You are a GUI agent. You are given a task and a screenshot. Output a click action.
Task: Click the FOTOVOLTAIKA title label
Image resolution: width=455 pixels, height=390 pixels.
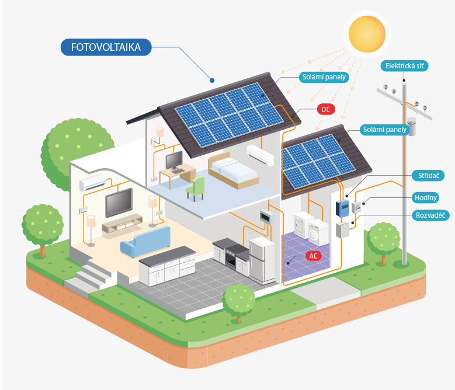tap(106, 47)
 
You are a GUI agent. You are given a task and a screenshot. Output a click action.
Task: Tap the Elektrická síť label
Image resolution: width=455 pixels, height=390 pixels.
tap(404, 66)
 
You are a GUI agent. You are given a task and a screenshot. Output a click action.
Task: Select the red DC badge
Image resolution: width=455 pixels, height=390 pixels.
tap(326, 109)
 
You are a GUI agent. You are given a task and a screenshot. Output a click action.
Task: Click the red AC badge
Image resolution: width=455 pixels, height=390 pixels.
tap(314, 256)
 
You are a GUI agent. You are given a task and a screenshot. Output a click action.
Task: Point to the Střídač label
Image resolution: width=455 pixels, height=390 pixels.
tap(428, 175)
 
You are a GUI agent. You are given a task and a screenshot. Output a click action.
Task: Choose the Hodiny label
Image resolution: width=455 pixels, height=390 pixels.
tap(425, 198)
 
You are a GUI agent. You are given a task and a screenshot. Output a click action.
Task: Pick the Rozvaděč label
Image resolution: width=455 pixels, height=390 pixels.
tap(430, 215)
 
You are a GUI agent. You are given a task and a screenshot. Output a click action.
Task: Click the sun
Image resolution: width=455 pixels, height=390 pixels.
tap(367, 34)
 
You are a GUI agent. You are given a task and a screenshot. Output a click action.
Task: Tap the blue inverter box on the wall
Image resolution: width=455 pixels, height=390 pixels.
tap(343, 208)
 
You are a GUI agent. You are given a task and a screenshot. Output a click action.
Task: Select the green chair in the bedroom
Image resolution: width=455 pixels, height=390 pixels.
tap(195, 189)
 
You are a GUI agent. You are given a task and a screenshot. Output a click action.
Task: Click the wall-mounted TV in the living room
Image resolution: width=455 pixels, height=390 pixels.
tap(119, 203)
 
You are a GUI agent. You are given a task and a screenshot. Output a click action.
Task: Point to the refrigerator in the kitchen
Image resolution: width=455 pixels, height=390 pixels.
tap(262, 260)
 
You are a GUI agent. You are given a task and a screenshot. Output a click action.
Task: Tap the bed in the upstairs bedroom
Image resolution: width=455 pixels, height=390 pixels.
tap(233, 170)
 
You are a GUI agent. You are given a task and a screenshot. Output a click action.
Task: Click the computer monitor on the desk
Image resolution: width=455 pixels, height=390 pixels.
tap(175, 161)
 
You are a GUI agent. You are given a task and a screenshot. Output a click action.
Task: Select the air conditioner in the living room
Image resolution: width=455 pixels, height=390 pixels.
tap(93, 182)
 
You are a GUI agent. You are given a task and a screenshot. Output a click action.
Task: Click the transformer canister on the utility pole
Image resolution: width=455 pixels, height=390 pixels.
tap(411, 126)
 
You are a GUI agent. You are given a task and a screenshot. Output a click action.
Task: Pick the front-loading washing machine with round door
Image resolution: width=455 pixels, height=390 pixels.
tap(318, 232)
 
